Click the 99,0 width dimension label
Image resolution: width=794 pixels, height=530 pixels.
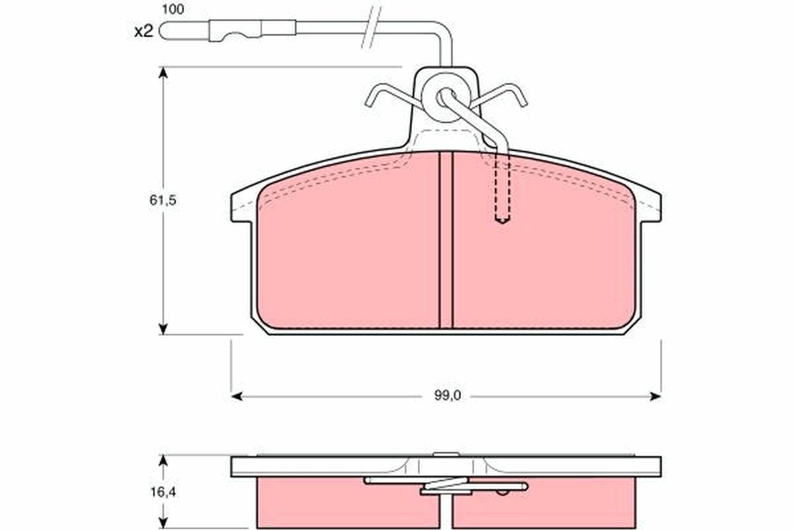[x=447, y=396]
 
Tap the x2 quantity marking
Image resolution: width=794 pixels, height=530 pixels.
[x=144, y=31]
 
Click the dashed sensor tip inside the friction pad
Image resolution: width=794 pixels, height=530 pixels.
[x=502, y=218]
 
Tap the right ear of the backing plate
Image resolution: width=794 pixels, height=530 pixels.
[x=650, y=205]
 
